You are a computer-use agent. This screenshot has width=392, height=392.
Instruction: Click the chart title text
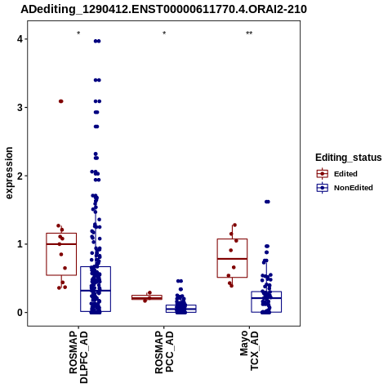click(x=163, y=9)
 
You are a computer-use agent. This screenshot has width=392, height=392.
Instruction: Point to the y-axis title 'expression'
click(x=9, y=173)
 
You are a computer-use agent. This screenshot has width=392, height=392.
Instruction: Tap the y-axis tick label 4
click(x=20, y=39)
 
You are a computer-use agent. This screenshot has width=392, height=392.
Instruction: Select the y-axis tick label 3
click(x=20, y=108)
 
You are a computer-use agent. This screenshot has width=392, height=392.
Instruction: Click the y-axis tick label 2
click(x=20, y=176)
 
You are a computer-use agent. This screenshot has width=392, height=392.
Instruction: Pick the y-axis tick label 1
click(x=20, y=244)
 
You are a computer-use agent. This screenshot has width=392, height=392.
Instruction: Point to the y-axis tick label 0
click(x=20, y=313)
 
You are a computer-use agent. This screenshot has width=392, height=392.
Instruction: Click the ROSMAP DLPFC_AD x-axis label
click(x=78, y=357)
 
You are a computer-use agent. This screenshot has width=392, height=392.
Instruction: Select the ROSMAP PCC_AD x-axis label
click(x=164, y=352)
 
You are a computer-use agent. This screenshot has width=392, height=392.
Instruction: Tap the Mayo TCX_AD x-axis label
click(x=249, y=350)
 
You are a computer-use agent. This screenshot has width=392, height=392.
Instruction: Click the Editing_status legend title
click(x=349, y=158)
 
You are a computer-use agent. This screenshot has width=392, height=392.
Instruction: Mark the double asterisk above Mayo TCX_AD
click(x=249, y=33)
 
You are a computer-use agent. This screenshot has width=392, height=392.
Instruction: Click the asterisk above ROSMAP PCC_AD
click(x=164, y=33)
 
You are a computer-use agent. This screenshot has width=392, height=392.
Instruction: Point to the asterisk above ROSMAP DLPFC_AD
click(x=78, y=33)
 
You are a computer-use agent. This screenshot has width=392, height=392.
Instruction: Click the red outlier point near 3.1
click(x=61, y=101)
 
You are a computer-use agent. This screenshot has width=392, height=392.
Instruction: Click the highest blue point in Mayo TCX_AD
click(x=267, y=202)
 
